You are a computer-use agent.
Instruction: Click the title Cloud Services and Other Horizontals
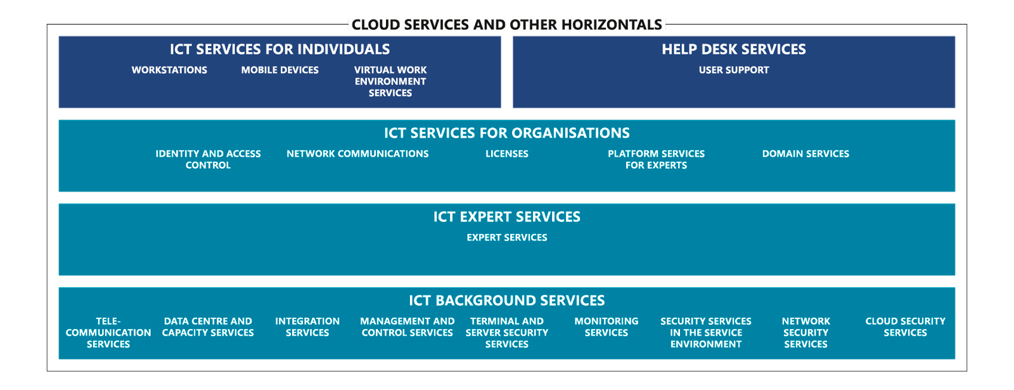click(x=506, y=25)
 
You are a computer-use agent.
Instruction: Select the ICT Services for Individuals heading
click(x=279, y=49)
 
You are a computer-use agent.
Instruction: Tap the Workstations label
click(x=169, y=70)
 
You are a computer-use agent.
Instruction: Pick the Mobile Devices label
click(x=279, y=70)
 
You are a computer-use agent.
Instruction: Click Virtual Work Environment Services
click(x=390, y=82)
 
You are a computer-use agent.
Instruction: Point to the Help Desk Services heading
click(x=734, y=49)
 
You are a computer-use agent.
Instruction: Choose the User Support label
click(x=734, y=70)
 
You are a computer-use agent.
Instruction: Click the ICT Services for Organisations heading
click(x=506, y=133)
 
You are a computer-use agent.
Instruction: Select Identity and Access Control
click(x=209, y=159)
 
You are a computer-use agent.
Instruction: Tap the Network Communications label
click(x=357, y=154)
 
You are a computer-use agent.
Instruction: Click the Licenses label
click(x=507, y=154)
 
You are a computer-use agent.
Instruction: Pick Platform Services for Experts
click(x=657, y=159)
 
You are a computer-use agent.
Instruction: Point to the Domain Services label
click(x=805, y=154)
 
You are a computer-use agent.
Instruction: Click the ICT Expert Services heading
click(x=506, y=216)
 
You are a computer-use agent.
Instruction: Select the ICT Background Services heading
click(x=506, y=301)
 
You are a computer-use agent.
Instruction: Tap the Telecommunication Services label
click(x=108, y=333)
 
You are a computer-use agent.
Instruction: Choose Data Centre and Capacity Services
click(x=208, y=327)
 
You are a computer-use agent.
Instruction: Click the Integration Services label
click(x=307, y=327)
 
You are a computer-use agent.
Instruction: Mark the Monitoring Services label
click(x=606, y=327)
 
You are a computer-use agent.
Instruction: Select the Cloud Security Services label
click(x=906, y=327)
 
